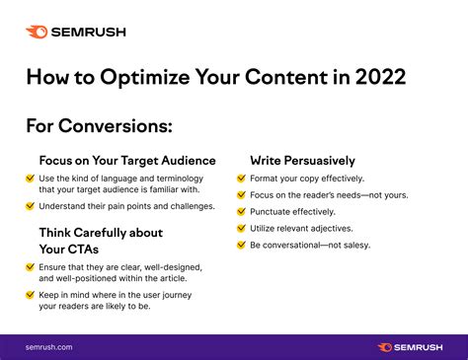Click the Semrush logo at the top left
pos(75,32)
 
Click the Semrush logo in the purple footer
pos(414,346)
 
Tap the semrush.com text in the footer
pos(48,346)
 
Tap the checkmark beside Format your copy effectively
pos(242,179)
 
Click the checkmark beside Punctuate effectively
pos(242,211)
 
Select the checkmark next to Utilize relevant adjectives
pos(242,228)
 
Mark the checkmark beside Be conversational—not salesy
pos(242,244)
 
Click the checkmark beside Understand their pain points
pos(31,206)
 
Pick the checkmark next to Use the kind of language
pos(31,178)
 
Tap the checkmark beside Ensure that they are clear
pos(31,266)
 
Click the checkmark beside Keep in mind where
pos(31,295)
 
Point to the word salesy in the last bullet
pos(352,245)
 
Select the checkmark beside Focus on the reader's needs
pos(242,195)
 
